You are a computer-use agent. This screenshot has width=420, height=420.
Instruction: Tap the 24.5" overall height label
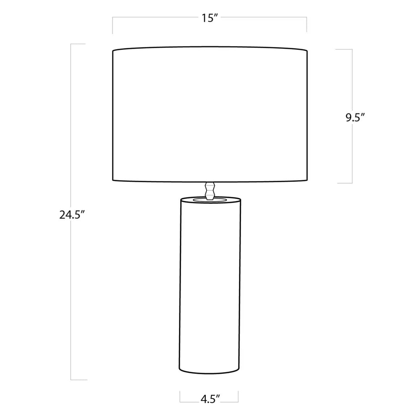(72, 215)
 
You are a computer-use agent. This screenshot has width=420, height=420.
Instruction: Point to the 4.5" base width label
(210, 399)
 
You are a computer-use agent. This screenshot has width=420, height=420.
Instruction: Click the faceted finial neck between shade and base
(210, 191)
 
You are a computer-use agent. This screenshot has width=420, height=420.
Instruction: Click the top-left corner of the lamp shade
(113, 51)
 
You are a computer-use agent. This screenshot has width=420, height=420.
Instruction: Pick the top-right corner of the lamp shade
(307, 51)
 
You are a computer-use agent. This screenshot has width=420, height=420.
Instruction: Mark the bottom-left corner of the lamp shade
(113, 180)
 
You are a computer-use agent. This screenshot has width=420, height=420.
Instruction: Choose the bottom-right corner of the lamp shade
(307, 180)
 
